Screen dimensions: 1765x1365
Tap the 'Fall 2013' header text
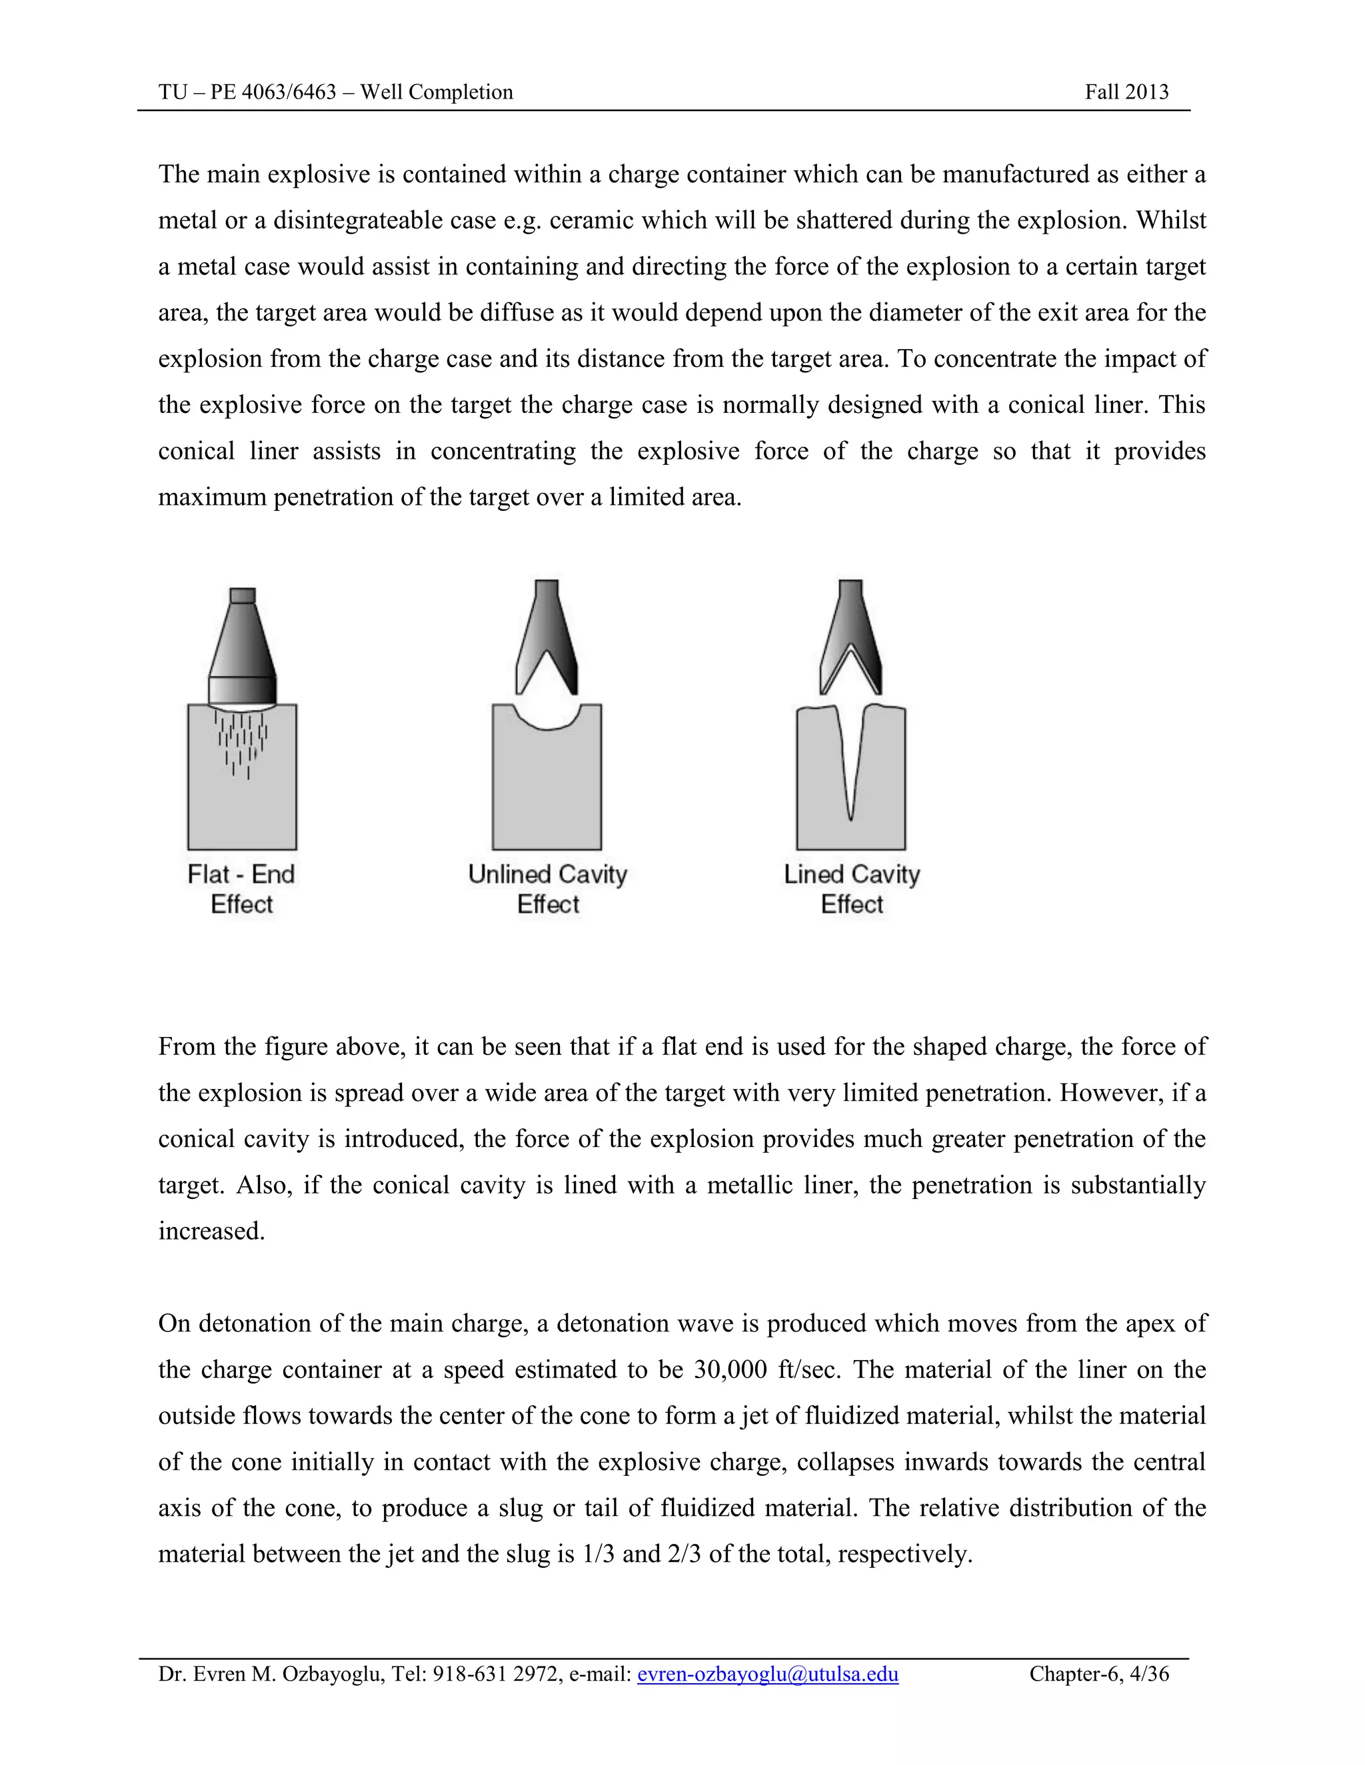[1126, 92]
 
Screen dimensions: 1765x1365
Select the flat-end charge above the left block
[243, 655]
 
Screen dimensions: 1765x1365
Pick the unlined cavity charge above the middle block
[547, 639]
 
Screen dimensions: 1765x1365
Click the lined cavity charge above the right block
[850, 639]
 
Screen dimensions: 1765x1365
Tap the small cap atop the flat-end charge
[243, 595]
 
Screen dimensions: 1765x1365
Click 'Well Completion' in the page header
[437, 92]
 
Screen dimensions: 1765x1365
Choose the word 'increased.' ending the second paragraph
[212, 1231]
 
